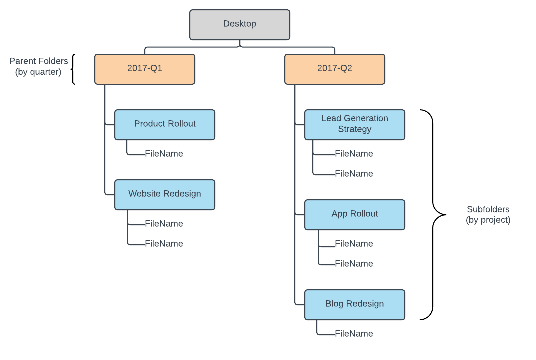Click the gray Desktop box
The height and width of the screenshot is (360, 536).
tap(240, 24)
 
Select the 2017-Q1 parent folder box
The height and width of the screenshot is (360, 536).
tap(145, 69)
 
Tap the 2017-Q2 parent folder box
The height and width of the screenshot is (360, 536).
tap(335, 69)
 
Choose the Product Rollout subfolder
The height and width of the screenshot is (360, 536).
tap(165, 124)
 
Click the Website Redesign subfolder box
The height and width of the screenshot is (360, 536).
tap(165, 194)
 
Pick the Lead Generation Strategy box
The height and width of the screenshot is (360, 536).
tap(355, 124)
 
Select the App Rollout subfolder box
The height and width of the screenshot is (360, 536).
tap(355, 214)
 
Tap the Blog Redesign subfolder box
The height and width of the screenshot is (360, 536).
tap(355, 304)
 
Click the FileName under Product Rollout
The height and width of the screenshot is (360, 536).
tap(164, 154)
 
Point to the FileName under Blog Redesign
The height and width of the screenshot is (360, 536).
tap(354, 334)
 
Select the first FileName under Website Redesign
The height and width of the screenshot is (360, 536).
tap(164, 224)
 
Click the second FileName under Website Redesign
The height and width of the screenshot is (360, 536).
tap(164, 244)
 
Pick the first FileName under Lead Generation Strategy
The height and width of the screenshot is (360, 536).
tap(354, 154)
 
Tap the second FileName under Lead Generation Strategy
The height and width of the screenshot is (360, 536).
tap(354, 174)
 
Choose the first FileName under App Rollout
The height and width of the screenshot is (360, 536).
tap(354, 244)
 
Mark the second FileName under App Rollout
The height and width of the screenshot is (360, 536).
tap(354, 264)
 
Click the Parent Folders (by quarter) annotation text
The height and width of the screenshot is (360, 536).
tap(39, 66)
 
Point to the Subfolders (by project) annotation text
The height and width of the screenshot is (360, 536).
tap(488, 215)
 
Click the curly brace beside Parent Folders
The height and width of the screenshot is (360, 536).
tap(73, 69)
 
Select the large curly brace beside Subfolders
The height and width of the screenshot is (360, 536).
tap(433, 215)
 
